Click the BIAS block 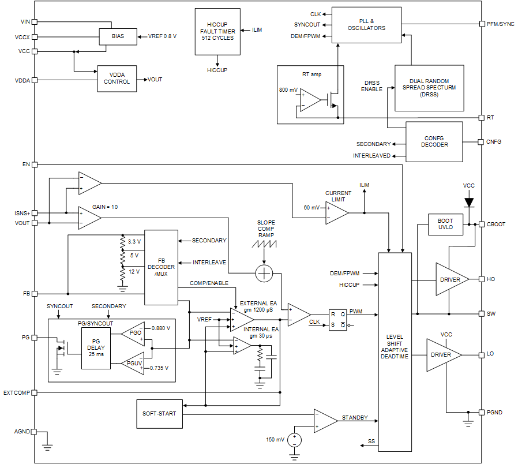click(x=118, y=36)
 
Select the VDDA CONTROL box click(x=117, y=78)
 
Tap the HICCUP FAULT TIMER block click(x=217, y=32)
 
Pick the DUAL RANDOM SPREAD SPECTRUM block click(x=429, y=88)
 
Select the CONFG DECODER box click(x=434, y=141)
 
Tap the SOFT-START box click(x=159, y=414)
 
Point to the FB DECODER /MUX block click(x=160, y=267)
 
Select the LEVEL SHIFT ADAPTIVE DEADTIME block click(x=395, y=351)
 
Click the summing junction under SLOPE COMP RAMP click(x=264, y=274)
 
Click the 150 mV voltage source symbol click(x=294, y=440)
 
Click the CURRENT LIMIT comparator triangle click(x=336, y=213)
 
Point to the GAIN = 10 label click(x=106, y=207)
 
